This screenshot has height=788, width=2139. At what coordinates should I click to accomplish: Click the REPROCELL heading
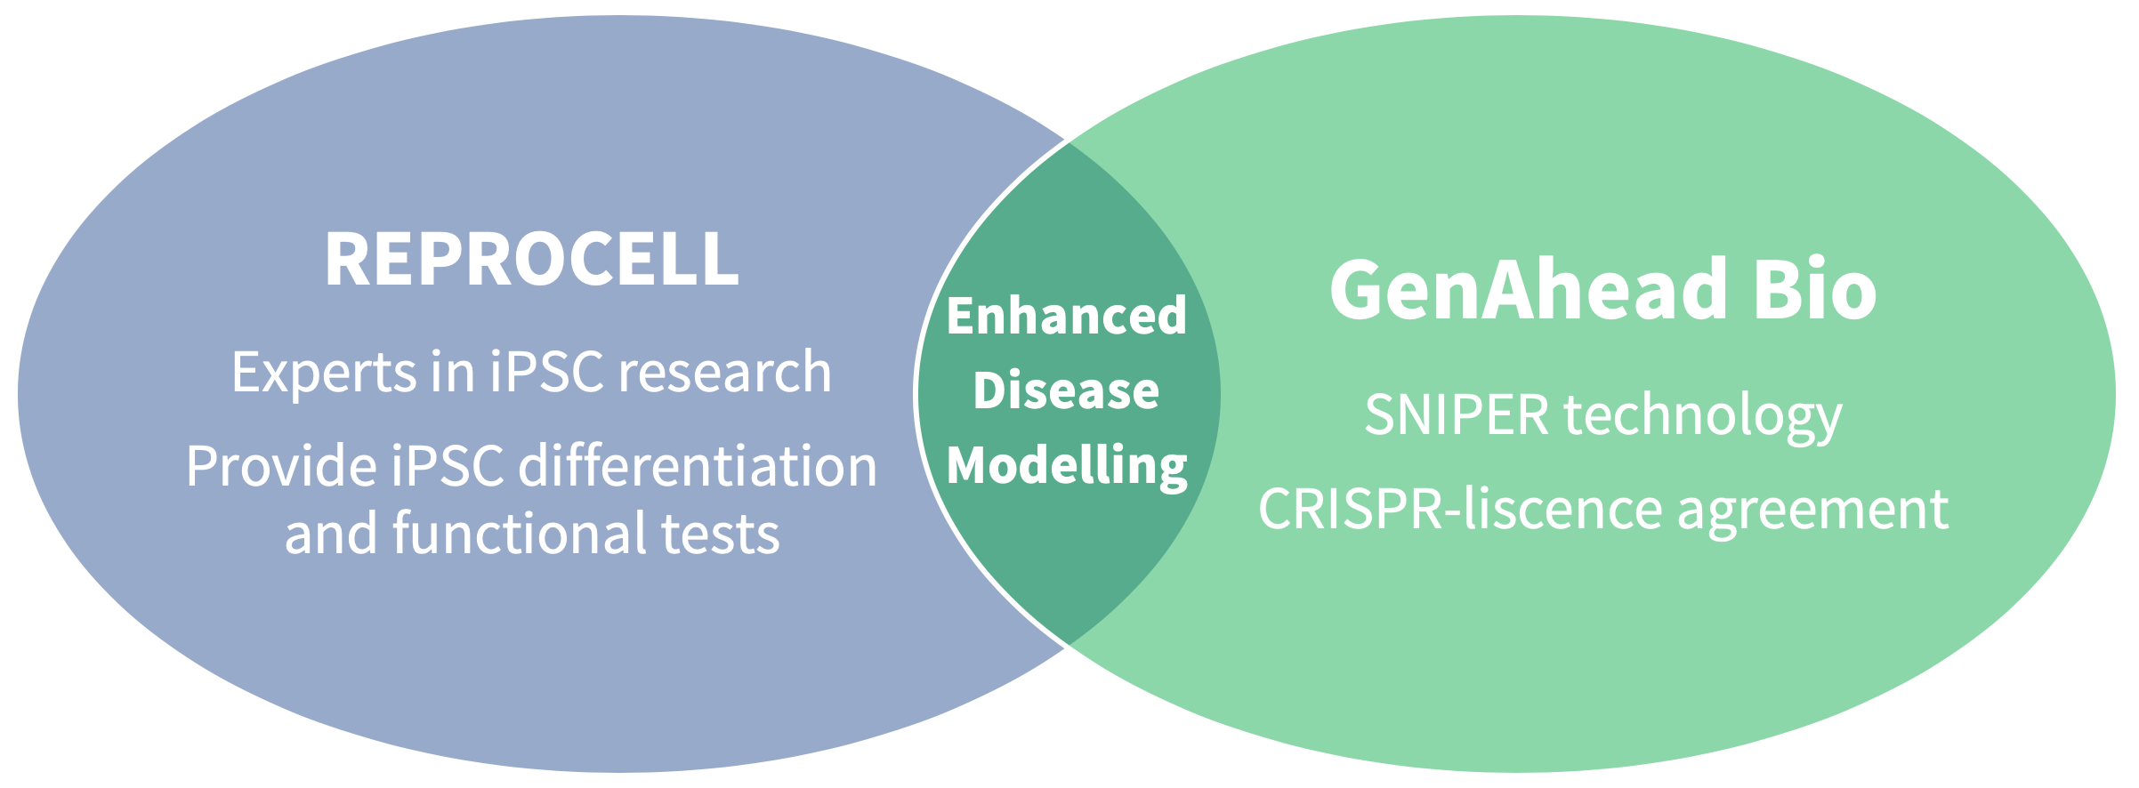532,259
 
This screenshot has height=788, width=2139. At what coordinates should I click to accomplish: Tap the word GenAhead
1529,289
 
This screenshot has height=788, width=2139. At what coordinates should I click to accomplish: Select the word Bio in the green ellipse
1815,289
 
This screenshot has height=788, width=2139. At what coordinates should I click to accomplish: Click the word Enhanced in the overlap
1067,316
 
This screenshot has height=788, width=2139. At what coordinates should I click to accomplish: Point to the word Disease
1067,390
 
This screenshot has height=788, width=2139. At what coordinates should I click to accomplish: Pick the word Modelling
1067,466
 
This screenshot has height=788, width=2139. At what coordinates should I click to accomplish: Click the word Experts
324,373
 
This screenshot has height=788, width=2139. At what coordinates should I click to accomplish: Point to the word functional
520,533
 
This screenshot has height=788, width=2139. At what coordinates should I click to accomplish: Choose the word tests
721,535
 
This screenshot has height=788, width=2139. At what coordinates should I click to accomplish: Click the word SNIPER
1457,414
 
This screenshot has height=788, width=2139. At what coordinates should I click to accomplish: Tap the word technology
1703,416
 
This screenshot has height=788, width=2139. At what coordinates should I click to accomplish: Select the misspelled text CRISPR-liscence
1460,509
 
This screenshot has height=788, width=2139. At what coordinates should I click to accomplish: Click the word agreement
1813,511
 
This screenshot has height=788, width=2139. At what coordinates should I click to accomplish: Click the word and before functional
331,533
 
